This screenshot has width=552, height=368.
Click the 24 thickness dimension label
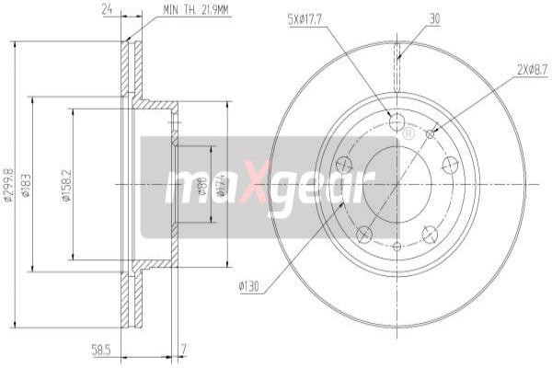coord(107,10)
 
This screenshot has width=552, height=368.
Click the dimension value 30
coord(433,17)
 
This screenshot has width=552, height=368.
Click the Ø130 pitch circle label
coord(248,287)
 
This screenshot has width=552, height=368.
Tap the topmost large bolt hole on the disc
coord(397,122)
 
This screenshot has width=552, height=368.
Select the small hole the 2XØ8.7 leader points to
coord(430,133)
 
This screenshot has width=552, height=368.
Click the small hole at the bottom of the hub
coord(397,246)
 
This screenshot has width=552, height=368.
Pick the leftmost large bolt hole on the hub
coord(345,164)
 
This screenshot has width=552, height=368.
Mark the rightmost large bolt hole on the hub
coord(450,164)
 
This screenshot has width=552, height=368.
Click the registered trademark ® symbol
coord(408,135)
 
